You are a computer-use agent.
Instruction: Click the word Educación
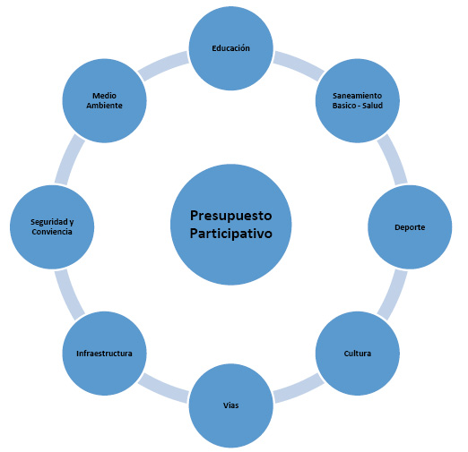(x=230, y=48)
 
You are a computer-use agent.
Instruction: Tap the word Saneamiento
(x=357, y=96)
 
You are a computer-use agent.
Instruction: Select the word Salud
(x=372, y=106)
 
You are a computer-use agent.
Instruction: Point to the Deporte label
(x=410, y=227)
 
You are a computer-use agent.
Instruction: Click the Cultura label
(x=358, y=354)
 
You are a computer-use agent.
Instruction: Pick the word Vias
(x=230, y=405)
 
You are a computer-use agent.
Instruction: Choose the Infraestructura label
(x=104, y=354)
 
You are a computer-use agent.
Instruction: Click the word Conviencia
(x=52, y=232)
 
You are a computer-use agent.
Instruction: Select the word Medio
(x=104, y=96)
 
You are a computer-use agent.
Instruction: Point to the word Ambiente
(x=104, y=106)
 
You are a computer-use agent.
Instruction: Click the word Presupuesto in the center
(x=231, y=216)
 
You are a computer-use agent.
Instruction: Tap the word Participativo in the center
(x=231, y=233)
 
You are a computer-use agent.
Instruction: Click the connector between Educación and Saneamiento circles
(x=299, y=65)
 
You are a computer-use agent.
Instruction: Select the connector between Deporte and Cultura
(x=393, y=294)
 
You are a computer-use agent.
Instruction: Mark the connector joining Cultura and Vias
(x=299, y=388)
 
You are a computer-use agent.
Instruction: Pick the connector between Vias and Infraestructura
(x=163, y=388)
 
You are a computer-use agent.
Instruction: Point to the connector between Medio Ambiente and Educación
(x=163, y=65)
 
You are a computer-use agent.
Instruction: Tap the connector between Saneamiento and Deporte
(x=393, y=159)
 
